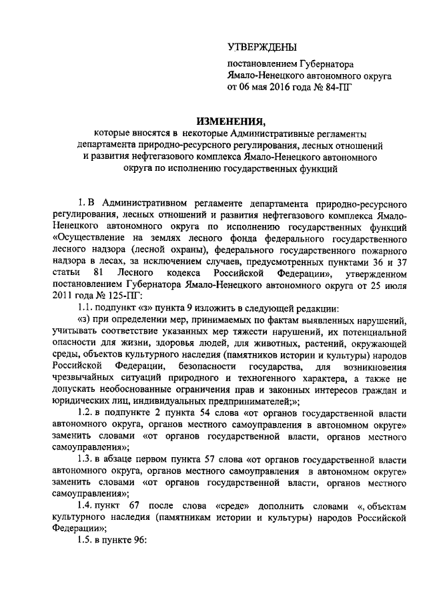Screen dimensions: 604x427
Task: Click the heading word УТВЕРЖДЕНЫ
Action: [260, 46]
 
